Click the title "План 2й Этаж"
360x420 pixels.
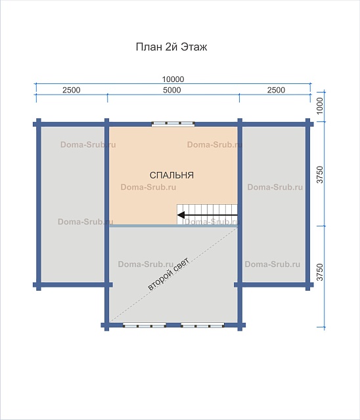tap(171, 47)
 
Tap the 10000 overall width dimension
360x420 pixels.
tap(173, 79)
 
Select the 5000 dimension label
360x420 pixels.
tap(172, 90)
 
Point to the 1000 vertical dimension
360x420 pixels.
tap(320, 106)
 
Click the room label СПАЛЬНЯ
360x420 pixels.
tap(171, 175)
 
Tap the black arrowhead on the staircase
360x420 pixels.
tap(181, 215)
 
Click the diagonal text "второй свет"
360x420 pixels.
tap(169, 274)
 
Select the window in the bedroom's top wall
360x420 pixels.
tap(173, 124)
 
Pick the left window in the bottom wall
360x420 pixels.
tap(145, 325)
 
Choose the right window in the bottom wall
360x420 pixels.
tap(202, 325)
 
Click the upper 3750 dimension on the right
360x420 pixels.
tap(320, 175)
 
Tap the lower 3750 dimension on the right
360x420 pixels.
tap(320, 272)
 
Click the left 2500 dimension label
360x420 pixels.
tap(72, 90)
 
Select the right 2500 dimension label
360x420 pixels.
tap(276, 90)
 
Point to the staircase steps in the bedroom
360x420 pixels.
tap(207, 215)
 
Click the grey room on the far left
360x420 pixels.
tap(72, 204)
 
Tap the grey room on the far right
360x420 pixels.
tap(274, 204)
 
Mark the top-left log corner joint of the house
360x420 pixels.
tap(39, 124)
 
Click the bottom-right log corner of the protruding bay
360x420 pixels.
tap(240, 325)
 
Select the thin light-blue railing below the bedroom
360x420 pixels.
tap(173, 226)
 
